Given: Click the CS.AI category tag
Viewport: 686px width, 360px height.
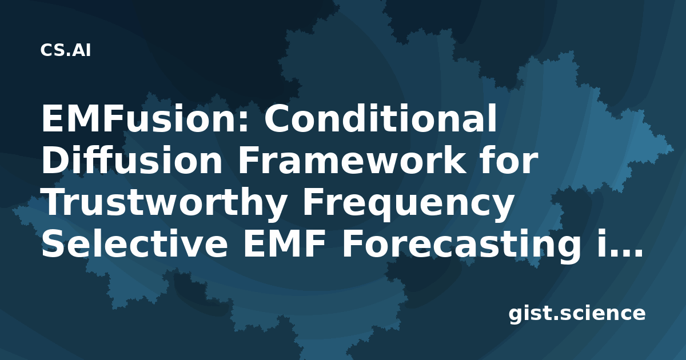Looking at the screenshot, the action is coord(65,50).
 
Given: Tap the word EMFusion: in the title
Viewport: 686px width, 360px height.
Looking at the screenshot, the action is coord(145,118).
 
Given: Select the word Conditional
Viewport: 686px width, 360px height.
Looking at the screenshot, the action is coord(380,118).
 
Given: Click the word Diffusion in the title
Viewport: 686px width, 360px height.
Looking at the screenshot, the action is coord(132,160).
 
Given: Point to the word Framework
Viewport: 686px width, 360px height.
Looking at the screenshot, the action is coord(351,160).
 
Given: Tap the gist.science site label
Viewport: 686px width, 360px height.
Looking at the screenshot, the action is coord(577,314).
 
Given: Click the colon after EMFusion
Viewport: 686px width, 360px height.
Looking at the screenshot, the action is coord(244,122).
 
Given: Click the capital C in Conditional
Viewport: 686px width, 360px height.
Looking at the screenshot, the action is coord(277,118).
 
